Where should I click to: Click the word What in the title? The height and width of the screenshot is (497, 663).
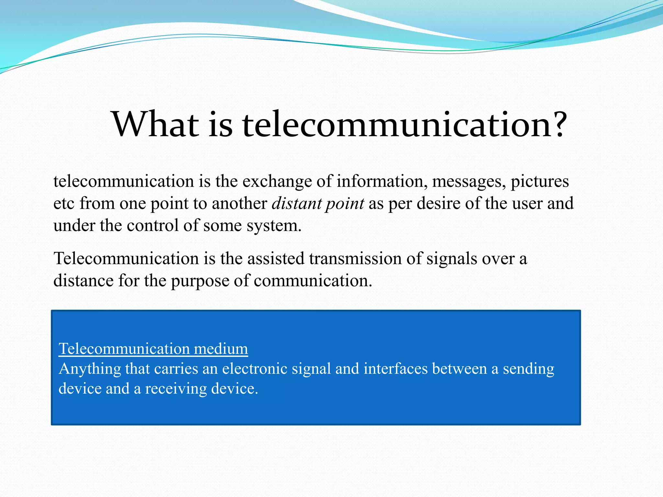(155, 125)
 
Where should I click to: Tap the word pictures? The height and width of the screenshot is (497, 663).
(540, 182)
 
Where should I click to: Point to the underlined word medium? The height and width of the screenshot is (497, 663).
(221, 349)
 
